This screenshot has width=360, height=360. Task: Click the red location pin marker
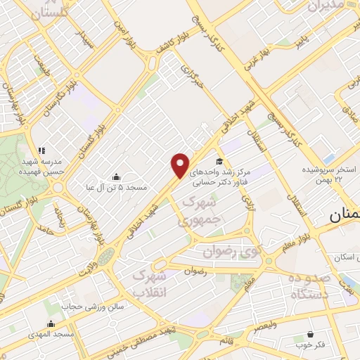pyautogui.click(x=181, y=165)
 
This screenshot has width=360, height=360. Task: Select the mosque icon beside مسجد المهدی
pyautogui.click(x=51, y=324)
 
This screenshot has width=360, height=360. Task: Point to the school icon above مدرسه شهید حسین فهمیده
pyautogui.click(x=41, y=150)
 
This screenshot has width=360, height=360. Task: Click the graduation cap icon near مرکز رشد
pyautogui.click(x=220, y=160)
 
